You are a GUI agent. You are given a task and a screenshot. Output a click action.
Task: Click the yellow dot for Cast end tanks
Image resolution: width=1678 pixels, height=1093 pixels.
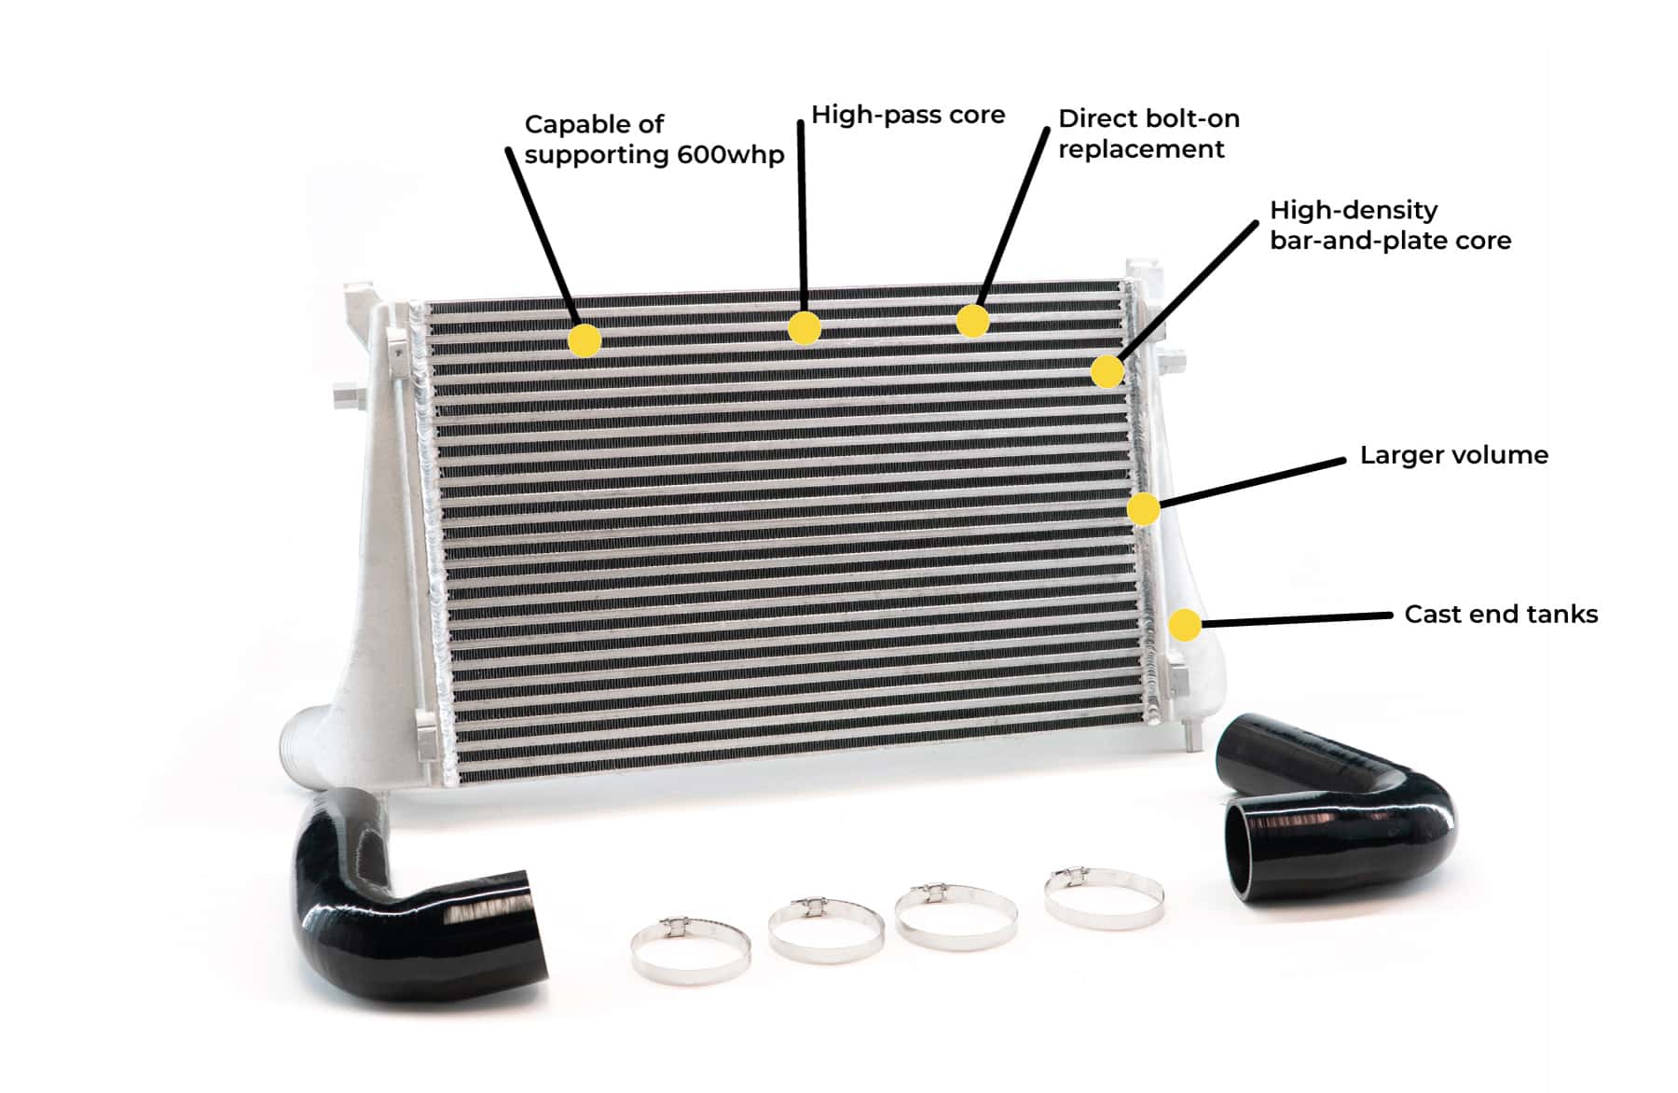click(1185, 625)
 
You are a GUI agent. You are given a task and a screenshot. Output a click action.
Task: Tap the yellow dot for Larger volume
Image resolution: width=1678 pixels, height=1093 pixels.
click(1144, 509)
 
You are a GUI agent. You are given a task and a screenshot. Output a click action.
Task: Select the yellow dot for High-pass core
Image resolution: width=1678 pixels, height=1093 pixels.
click(804, 327)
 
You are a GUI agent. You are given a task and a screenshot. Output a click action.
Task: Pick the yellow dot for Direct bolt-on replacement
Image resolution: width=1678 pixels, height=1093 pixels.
click(972, 321)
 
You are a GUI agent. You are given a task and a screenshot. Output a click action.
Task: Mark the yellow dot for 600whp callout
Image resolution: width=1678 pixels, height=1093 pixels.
click(585, 340)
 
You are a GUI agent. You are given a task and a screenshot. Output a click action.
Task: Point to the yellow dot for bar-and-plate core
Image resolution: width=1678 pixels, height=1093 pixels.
click(1107, 371)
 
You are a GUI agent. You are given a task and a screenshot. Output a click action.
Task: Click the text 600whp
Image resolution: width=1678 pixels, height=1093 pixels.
click(730, 155)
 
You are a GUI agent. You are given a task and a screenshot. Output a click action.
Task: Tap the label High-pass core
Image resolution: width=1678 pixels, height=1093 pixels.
click(907, 115)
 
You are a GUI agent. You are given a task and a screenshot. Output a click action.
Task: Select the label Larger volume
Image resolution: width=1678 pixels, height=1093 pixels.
click(1453, 455)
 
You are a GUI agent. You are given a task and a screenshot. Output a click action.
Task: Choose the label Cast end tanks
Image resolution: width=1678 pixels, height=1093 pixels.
click(1500, 615)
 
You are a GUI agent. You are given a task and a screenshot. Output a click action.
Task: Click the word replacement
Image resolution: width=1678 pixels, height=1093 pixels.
click(1140, 149)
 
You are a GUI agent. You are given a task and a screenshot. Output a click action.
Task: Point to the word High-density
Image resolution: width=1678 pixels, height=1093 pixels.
click(1353, 210)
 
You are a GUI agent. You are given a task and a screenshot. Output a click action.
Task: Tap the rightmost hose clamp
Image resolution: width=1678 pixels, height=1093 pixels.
click(1104, 897)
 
